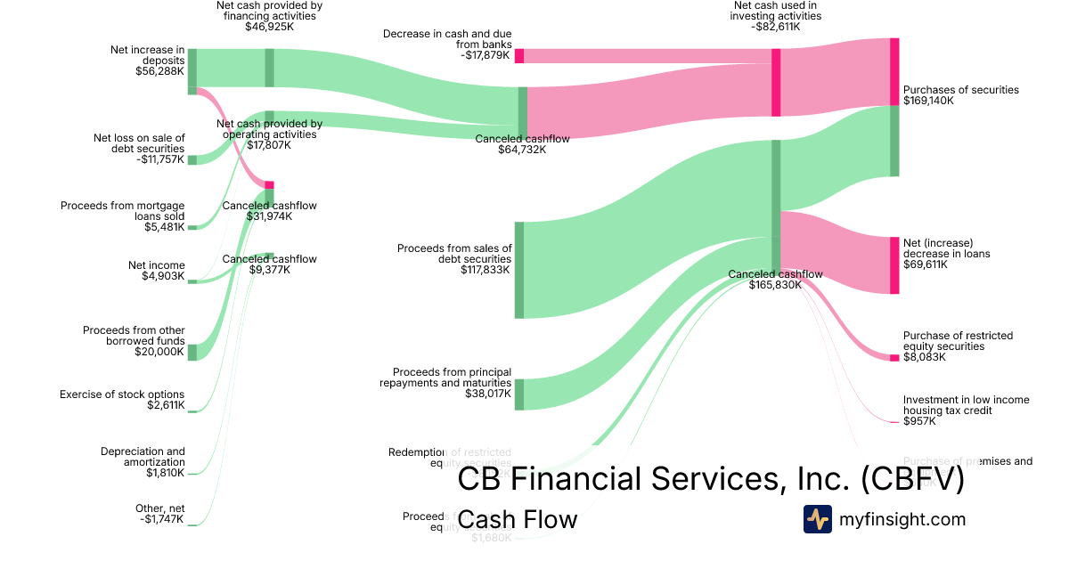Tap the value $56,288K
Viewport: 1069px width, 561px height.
pos(160,71)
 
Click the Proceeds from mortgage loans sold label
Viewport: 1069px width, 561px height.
pos(123,211)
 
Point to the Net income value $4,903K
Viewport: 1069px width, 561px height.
pos(163,276)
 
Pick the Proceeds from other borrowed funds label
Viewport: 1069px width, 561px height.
pos(134,336)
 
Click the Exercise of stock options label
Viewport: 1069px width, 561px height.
pos(122,394)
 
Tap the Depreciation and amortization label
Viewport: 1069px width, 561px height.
pos(143,457)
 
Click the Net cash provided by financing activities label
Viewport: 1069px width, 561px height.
pos(269,11)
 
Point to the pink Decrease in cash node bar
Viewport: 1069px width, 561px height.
pos(519,56)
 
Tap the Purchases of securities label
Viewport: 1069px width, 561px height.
pos(960,90)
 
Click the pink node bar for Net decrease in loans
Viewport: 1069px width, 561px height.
pos(894,265)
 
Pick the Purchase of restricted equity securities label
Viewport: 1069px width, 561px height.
pos(958,341)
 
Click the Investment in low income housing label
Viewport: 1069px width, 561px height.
pos(966,405)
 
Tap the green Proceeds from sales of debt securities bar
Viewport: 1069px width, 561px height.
pos(519,270)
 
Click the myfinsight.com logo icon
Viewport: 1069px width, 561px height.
pos(817,519)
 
